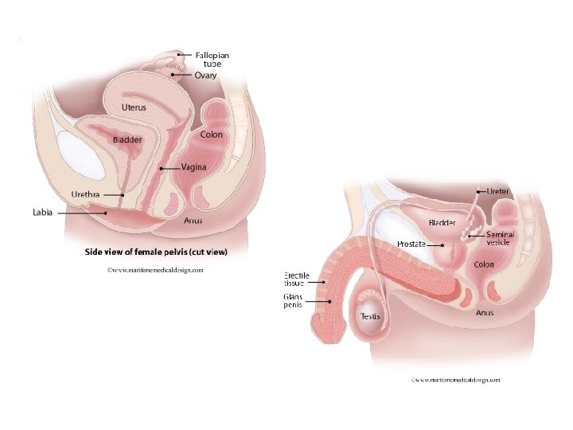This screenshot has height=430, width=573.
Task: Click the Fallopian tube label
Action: pyautogui.click(x=212, y=60)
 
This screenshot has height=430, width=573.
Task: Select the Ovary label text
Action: pyautogui.click(x=205, y=76)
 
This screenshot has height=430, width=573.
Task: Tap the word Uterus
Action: pyautogui.click(x=134, y=107)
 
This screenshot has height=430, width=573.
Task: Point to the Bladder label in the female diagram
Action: pyautogui.click(x=127, y=140)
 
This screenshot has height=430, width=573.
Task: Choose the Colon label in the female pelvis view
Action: pyautogui.click(x=212, y=135)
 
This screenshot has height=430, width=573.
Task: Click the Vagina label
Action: pyautogui.click(x=193, y=167)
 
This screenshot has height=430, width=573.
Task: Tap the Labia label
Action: pyautogui.click(x=42, y=213)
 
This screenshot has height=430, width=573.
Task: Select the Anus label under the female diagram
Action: pyautogui.click(x=193, y=221)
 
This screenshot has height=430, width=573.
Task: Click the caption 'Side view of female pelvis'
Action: pyautogui.click(x=156, y=252)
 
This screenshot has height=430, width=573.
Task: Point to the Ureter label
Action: pyautogui.click(x=498, y=191)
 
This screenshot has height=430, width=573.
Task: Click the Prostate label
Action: pyautogui.click(x=411, y=244)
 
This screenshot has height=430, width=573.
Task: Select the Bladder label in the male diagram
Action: pyautogui.click(x=442, y=223)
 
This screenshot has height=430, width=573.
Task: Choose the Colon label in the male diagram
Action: pyautogui.click(x=484, y=264)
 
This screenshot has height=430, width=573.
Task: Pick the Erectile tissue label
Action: pyautogui.click(x=297, y=279)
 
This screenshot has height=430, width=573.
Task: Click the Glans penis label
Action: pyautogui.click(x=293, y=300)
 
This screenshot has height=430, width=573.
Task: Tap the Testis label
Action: pyautogui.click(x=370, y=316)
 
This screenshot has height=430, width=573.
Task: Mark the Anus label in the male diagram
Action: pyautogui.click(x=485, y=313)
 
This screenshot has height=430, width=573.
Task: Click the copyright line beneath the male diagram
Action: pyautogui.click(x=455, y=380)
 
